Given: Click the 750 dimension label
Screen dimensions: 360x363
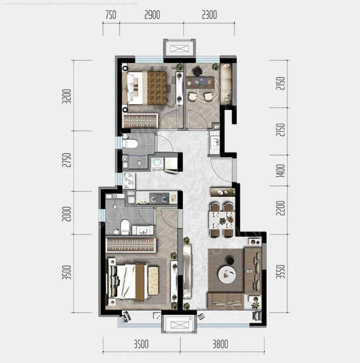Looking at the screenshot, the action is point(110,15).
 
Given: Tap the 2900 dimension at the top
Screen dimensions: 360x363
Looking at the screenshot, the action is point(152,15).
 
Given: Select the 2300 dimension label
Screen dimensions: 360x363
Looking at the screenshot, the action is point(209,15).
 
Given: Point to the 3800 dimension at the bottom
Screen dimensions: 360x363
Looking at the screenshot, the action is point(220,344).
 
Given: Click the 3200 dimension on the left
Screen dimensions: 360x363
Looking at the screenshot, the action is point(67,96).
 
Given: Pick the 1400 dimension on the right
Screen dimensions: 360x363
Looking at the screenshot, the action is point(280,171).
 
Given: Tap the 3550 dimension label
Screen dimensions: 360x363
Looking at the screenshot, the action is point(280,272).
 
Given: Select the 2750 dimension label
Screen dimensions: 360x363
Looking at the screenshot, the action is point(67,160).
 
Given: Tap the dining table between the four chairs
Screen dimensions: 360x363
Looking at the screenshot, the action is point(221,220).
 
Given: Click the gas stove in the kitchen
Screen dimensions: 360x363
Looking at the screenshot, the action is point(159,198).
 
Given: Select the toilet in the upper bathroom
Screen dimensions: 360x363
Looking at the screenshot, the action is point(130,143).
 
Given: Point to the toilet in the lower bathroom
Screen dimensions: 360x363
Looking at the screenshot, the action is point(125,227).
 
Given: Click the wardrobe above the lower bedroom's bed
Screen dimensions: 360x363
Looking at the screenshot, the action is point(131,245).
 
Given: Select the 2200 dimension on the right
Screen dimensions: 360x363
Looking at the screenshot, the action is point(280,208).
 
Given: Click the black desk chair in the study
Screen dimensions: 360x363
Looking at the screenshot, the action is point(197,71).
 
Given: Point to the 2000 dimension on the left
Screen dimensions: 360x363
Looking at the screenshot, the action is point(67,214).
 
